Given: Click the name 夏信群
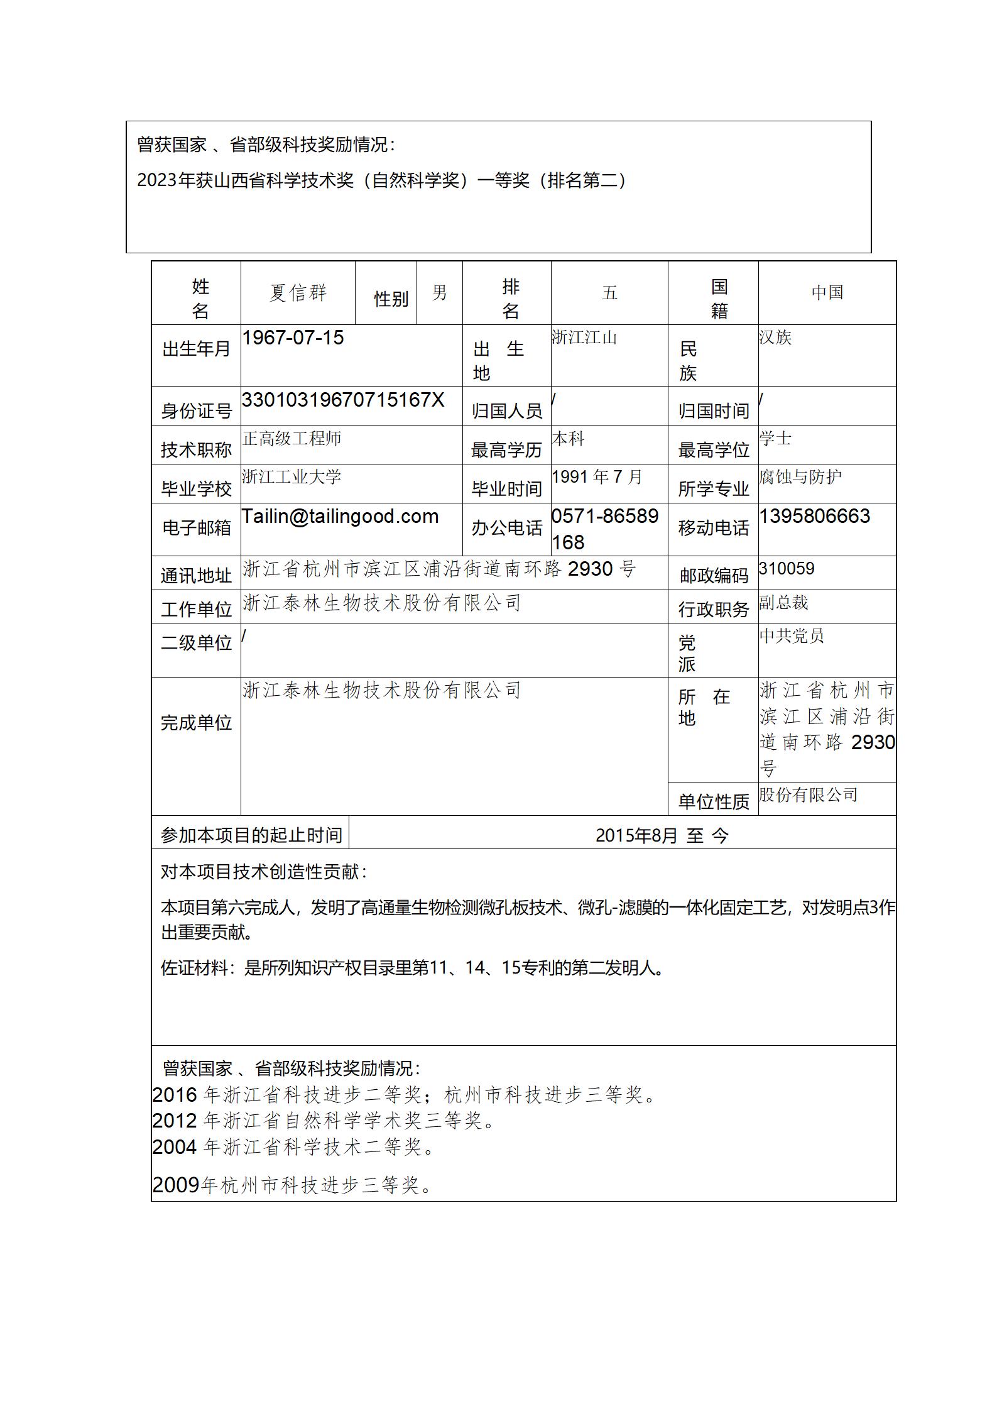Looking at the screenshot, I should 298,293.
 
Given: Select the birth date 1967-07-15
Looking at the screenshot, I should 293,338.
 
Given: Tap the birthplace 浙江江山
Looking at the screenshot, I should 584,338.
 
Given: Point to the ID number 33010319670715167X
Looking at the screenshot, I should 343,400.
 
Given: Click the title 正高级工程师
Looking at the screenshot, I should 291,438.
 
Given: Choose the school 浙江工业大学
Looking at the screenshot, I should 291,476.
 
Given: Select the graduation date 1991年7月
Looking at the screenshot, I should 597,477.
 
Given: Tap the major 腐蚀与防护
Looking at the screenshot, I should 800,477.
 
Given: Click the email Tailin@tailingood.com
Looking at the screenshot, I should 340,516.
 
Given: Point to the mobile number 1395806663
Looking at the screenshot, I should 814,516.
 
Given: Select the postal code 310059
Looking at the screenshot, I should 787,569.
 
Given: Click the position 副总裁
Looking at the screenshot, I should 783,603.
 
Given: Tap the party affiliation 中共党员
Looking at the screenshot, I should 791,636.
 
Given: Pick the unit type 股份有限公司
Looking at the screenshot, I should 808,795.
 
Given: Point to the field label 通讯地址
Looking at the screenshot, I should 197,575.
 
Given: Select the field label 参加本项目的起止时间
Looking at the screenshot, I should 251,835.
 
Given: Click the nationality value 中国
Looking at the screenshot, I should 827,293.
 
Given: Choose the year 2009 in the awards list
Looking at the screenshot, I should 176,1185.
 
